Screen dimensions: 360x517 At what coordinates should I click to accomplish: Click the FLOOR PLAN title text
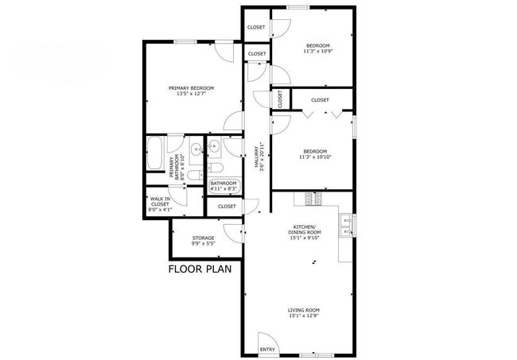(x=199, y=269)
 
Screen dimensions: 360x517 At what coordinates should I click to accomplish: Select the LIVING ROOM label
(x=304, y=310)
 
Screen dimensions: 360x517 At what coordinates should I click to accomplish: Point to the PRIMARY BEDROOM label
(x=191, y=88)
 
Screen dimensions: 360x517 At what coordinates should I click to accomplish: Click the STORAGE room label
(x=203, y=238)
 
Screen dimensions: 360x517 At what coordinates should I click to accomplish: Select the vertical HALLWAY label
(x=258, y=156)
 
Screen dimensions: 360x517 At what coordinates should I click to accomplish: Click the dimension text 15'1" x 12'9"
(x=304, y=315)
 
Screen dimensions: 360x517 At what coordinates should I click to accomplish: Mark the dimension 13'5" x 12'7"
(x=191, y=94)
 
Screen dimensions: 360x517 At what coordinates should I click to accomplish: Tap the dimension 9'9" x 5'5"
(x=203, y=244)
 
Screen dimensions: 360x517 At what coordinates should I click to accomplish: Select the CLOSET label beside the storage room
(x=227, y=206)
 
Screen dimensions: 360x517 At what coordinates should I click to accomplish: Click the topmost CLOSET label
(x=256, y=27)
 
